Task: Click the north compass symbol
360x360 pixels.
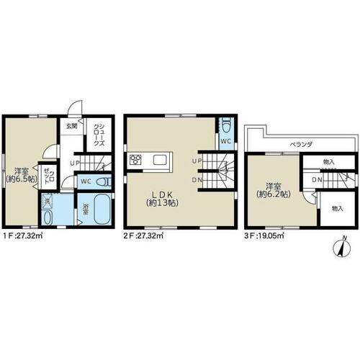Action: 342,247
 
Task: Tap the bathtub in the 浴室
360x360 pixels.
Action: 102,209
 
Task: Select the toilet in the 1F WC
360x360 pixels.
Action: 104,182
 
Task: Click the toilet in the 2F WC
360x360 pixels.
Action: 226,125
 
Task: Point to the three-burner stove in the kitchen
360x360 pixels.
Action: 135,160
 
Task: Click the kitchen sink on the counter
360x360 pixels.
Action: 160,160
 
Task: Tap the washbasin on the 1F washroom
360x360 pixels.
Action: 48,217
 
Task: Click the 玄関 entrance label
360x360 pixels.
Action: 71,126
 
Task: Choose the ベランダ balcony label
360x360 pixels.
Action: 301,145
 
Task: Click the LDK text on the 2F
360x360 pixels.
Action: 162,194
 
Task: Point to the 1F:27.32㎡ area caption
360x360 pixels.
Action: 22,236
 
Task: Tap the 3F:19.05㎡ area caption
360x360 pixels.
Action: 264,236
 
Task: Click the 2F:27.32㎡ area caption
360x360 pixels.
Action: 143,236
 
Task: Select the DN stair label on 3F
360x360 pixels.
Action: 317,179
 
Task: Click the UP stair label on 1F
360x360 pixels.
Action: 75,163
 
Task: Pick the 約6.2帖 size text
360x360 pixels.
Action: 274,194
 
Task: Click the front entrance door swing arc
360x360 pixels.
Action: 73,105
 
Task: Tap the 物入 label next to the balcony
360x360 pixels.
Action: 329,162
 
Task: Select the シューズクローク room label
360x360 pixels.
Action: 99,135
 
